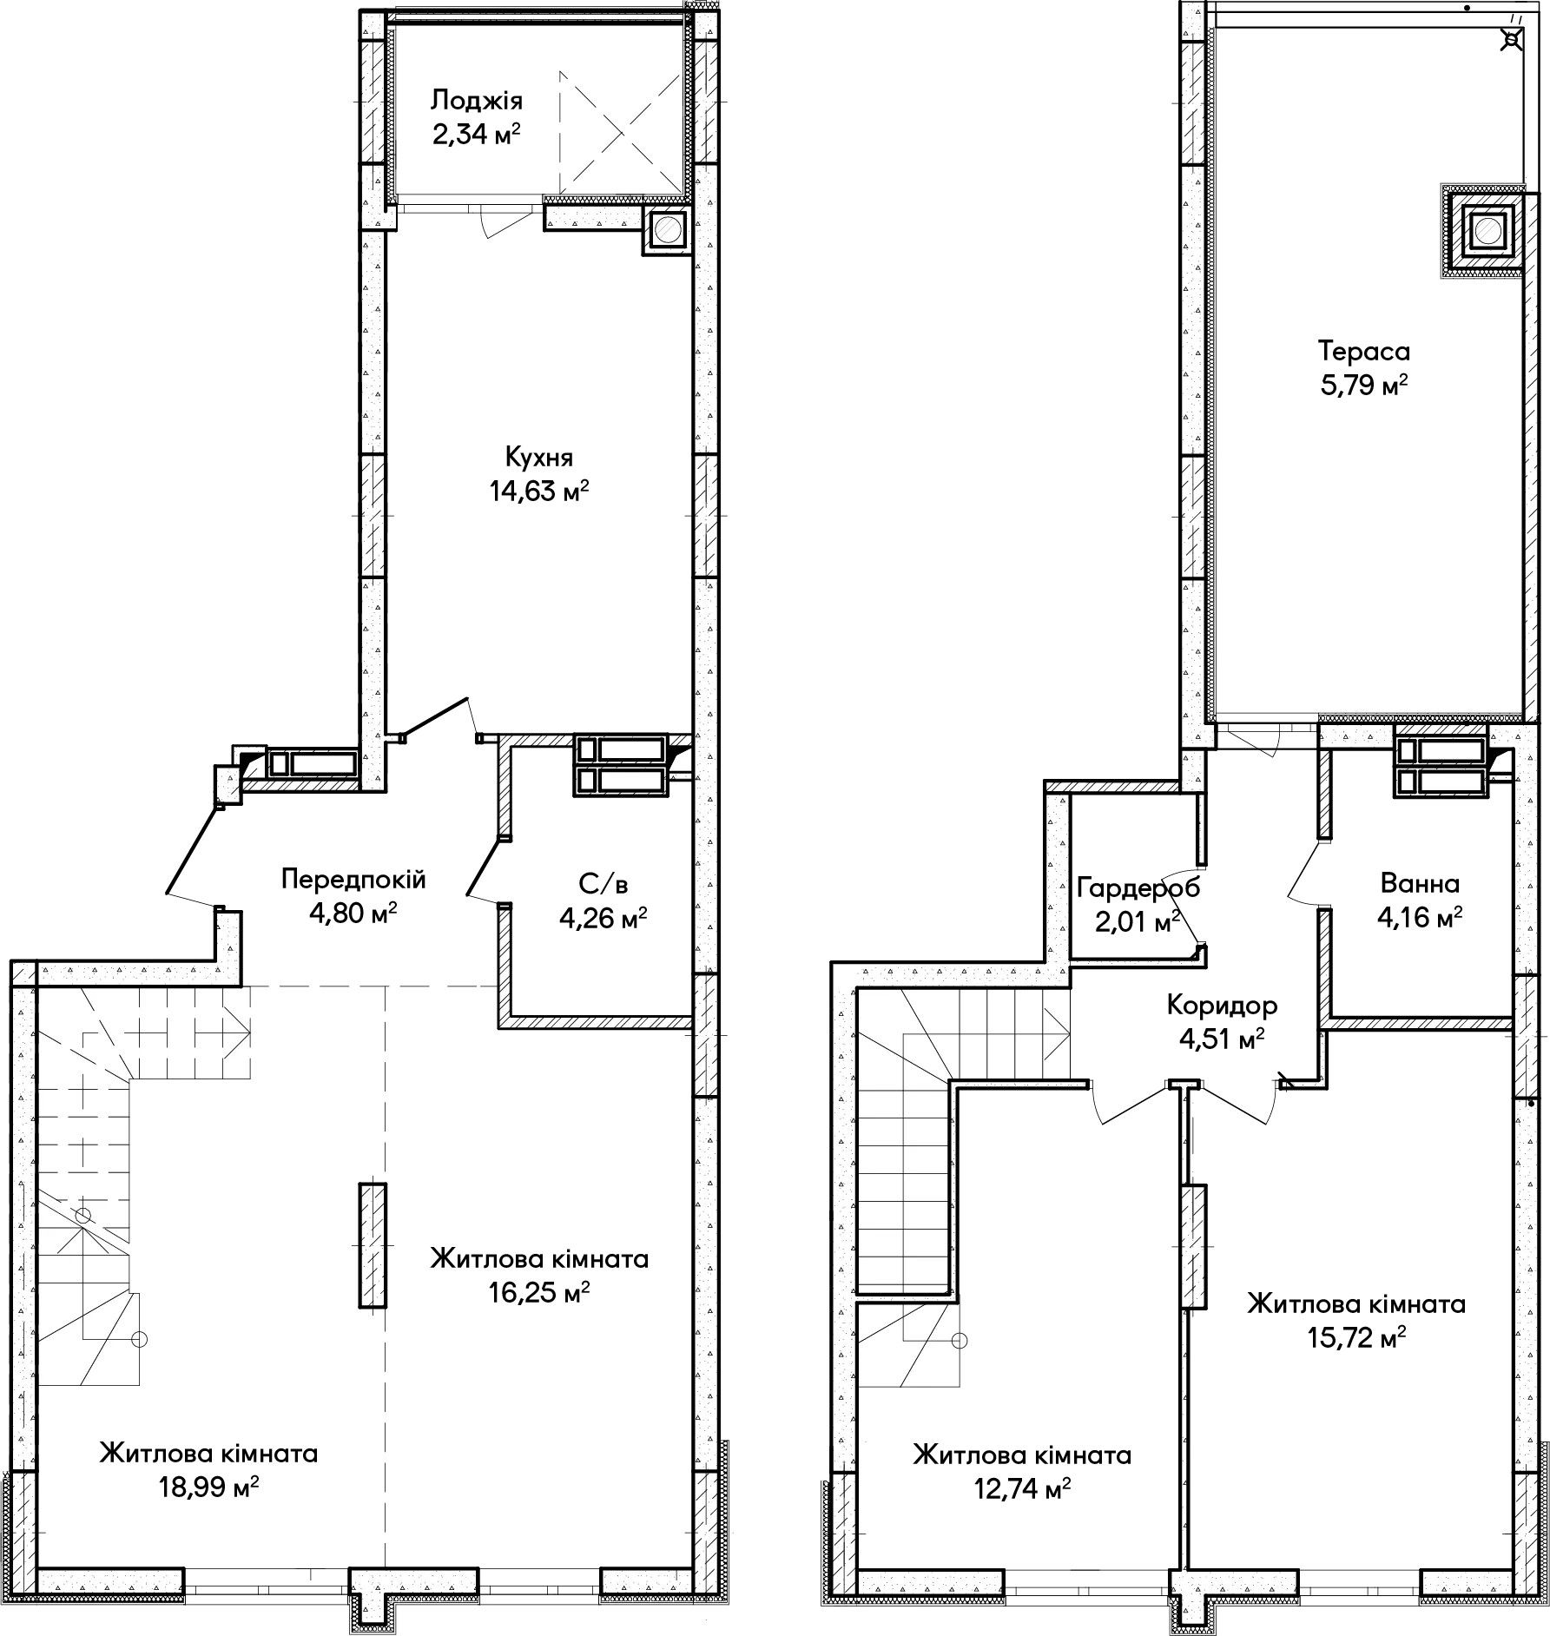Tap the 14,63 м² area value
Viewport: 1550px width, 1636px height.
[x=539, y=492]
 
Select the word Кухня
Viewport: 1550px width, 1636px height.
[x=539, y=458]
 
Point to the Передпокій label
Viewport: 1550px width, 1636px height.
[x=353, y=881]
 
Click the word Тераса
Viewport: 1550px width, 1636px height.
[x=1363, y=352]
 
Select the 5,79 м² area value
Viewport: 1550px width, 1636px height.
[x=1363, y=386]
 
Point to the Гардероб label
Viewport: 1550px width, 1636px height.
[x=1138, y=887]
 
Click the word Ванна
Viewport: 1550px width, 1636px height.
[x=1420, y=884]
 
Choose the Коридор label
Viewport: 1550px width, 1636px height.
[x=1222, y=1006]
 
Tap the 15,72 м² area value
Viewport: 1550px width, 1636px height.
[x=1356, y=1338]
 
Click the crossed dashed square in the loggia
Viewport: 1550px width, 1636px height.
[x=619, y=133]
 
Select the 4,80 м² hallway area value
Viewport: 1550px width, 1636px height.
[x=353, y=914]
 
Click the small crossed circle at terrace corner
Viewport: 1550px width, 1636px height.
[x=1513, y=39]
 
